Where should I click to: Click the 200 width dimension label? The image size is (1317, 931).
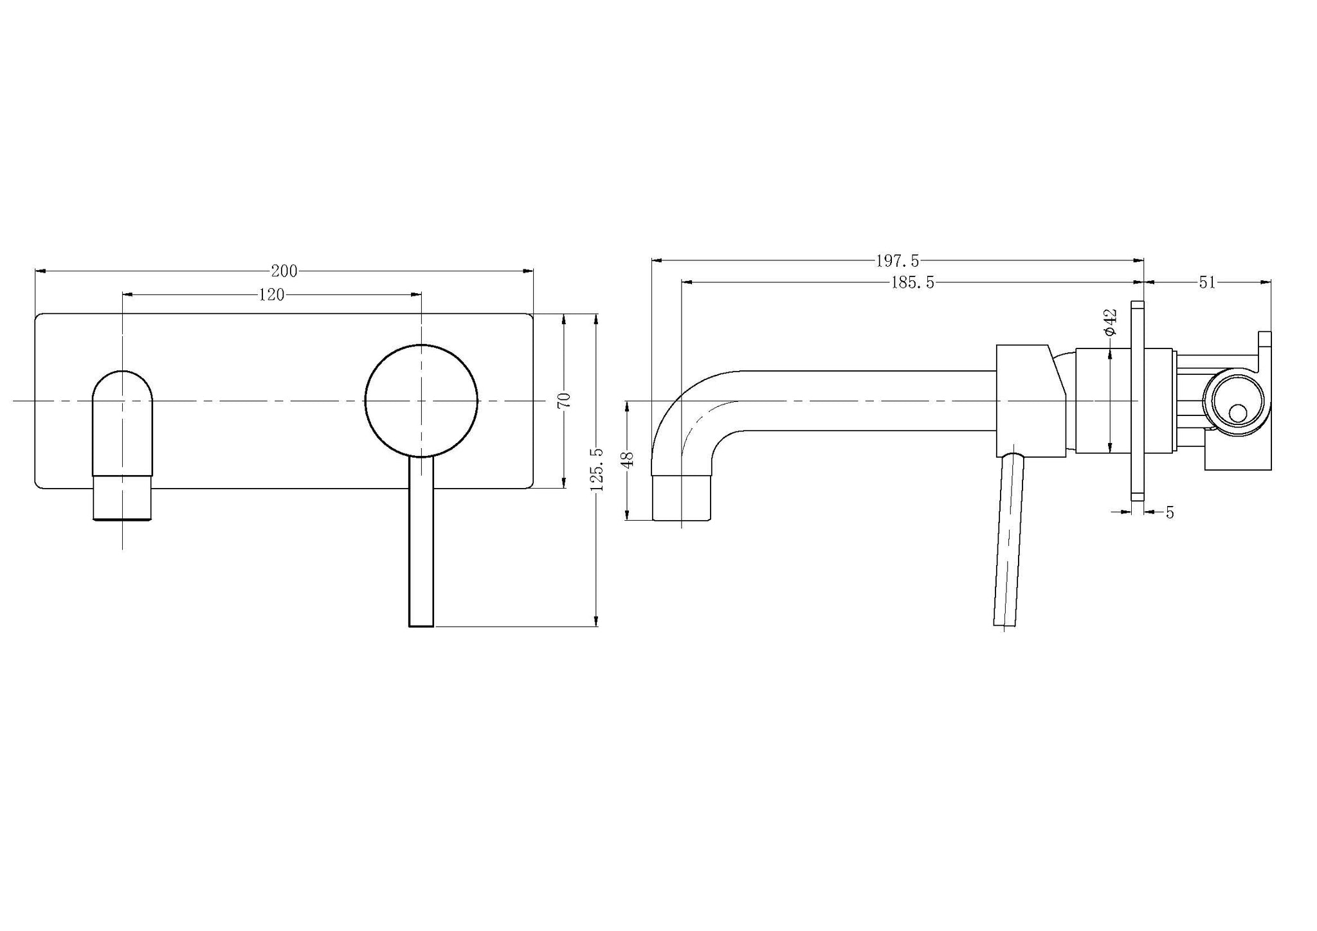tap(284, 271)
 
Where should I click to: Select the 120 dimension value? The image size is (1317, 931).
tap(271, 295)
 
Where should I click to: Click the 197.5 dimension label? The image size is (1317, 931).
tap(898, 261)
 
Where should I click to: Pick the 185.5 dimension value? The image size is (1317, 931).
tap(913, 282)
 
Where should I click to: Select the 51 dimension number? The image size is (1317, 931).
tap(1207, 282)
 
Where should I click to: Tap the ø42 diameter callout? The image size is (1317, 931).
tap(1110, 321)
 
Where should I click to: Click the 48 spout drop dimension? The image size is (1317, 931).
tap(628, 459)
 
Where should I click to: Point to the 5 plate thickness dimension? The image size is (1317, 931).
tap(1170, 512)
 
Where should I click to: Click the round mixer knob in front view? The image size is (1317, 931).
tap(421, 401)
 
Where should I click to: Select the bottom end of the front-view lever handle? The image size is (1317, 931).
tap(421, 625)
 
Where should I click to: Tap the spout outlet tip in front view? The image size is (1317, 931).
tap(123, 518)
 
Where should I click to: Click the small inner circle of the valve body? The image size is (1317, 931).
tap(1237, 413)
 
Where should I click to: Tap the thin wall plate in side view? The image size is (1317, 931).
tap(1137, 400)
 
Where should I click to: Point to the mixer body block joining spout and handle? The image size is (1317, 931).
tap(1031, 401)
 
